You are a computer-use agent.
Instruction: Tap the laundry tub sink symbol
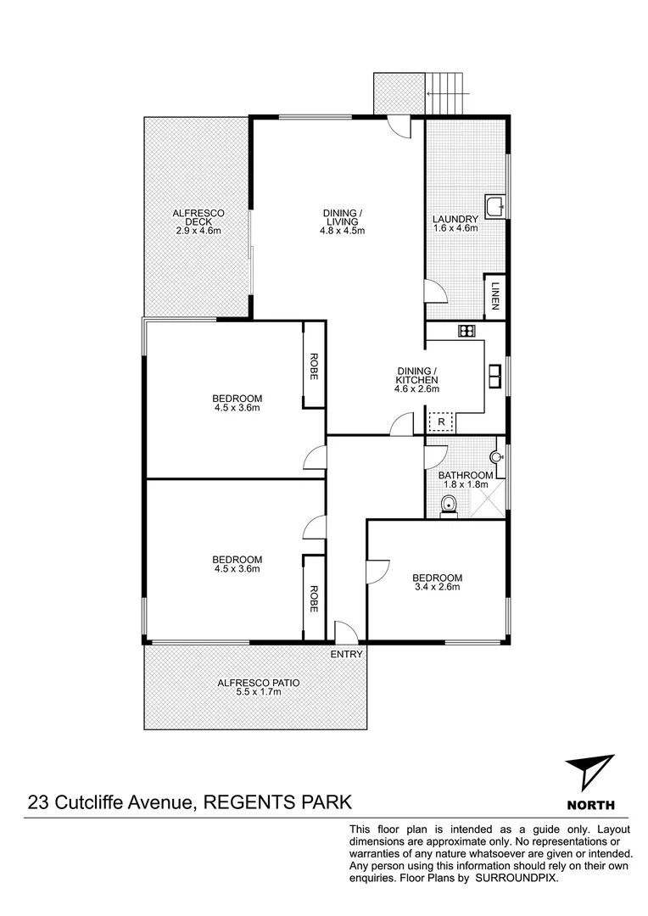pos(495,205)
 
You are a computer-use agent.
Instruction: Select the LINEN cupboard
pos(494,296)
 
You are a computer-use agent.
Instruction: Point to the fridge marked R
pos(441,422)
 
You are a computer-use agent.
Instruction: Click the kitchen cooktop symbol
pos(466,330)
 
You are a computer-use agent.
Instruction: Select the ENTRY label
pos(346,654)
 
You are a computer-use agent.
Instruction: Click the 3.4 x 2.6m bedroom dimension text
pos(438,587)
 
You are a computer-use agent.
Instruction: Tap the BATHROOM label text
pos(466,475)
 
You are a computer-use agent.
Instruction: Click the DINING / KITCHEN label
pos(417,376)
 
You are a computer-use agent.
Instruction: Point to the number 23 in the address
pos(38,801)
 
